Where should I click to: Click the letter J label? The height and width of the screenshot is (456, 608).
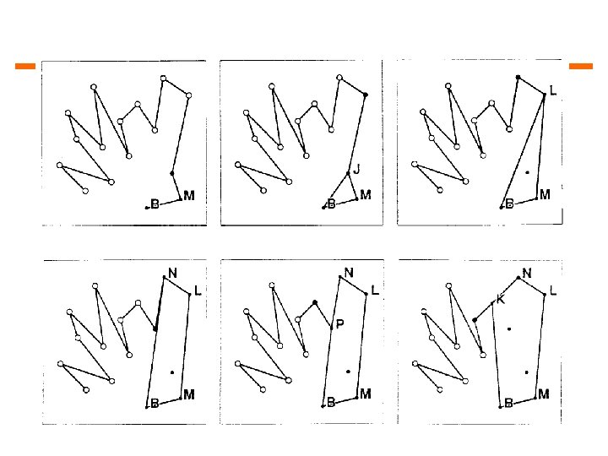pyautogui.click(x=357, y=169)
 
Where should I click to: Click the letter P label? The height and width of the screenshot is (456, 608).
pyautogui.click(x=339, y=324)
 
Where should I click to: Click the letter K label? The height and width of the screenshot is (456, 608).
pyautogui.click(x=499, y=299)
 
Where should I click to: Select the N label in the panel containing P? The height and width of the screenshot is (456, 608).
pyautogui.click(x=349, y=273)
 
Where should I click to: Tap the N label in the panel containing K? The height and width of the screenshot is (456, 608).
pyautogui.click(x=527, y=273)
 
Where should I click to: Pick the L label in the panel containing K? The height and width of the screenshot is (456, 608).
pyautogui.click(x=553, y=290)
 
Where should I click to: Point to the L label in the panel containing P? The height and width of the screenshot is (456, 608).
pyautogui.click(x=375, y=290)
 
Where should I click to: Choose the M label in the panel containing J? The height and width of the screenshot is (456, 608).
pyautogui.click(x=366, y=196)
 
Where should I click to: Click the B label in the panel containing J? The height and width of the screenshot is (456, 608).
pyautogui.click(x=332, y=204)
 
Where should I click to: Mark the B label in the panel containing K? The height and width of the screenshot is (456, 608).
pyautogui.click(x=509, y=404)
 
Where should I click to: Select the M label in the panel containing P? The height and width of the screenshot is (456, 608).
pyautogui.click(x=366, y=394)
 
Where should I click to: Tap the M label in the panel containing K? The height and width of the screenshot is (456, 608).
pyautogui.click(x=544, y=394)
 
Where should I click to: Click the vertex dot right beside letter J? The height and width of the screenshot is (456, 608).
pyautogui.click(x=348, y=174)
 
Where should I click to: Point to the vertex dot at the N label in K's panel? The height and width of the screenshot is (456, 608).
pyautogui.click(x=518, y=277)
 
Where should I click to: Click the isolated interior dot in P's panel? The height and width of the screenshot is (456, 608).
pyautogui.click(x=348, y=372)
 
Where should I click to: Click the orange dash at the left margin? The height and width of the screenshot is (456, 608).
pyautogui.click(x=25, y=65)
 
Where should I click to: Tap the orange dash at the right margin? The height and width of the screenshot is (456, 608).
pyautogui.click(x=582, y=65)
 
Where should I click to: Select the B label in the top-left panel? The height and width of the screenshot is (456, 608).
pyautogui.click(x=155, y=204)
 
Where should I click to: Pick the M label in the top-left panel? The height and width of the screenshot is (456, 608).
pyautogui.click(x=188, y=196)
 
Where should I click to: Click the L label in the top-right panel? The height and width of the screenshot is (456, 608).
pyautogui.click(x=553, y=90)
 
